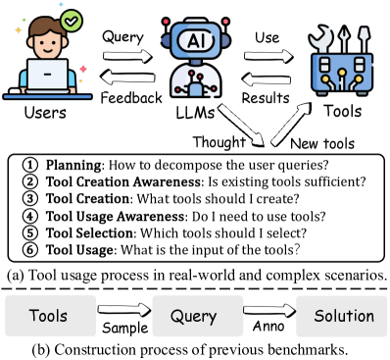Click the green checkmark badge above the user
click(70, 20)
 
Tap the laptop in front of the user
click(42, 77)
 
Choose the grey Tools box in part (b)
click(48, 317)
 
